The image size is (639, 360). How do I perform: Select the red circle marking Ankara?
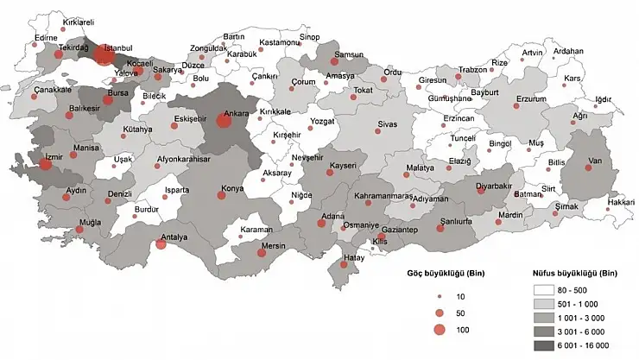[x=224, y=121]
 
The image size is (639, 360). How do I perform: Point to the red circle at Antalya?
[x=161, y=244]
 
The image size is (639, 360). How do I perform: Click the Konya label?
[x=208, y=187]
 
